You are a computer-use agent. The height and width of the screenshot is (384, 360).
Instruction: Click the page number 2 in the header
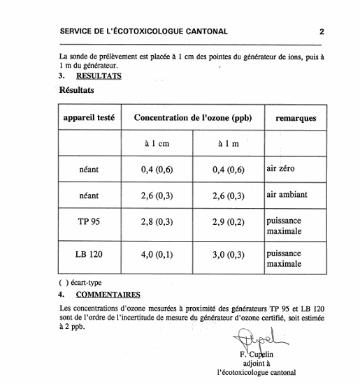coord(322,31)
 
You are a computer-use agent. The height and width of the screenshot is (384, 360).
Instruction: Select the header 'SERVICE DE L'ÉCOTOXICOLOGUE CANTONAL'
coord(144,31)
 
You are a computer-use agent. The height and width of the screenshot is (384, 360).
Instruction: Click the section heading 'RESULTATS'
coord(99,75)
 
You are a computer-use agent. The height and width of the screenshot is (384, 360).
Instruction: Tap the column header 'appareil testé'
coord(89,118)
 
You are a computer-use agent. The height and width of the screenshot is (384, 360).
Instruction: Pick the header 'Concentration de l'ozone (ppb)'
coord(192,118)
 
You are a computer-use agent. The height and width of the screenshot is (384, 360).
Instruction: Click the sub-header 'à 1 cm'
coord(157,144)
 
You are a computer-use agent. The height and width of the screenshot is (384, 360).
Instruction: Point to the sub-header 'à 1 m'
coord(228,144)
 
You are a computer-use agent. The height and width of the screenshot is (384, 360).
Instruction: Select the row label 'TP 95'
coord(89,221)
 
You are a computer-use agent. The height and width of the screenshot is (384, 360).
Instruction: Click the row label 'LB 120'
coord(89,254)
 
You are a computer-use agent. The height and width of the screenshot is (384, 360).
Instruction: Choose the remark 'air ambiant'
coord(287,195)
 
